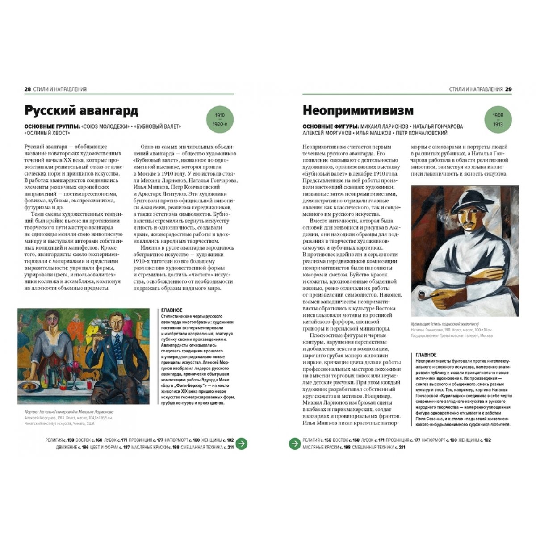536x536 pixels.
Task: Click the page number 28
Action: (27, 89)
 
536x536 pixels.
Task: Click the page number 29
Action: (508, 89)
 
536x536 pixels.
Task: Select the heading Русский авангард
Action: (81, 111)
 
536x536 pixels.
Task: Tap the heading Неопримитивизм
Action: (358, 111)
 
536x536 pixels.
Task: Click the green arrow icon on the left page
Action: (241, 444)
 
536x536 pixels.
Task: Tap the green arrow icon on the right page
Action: (294, 444)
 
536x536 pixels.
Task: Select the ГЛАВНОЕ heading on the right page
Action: (426, 355)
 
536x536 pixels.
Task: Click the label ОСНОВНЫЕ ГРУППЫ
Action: (52, 126)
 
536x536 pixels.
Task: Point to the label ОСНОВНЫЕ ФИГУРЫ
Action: (330, 126)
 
